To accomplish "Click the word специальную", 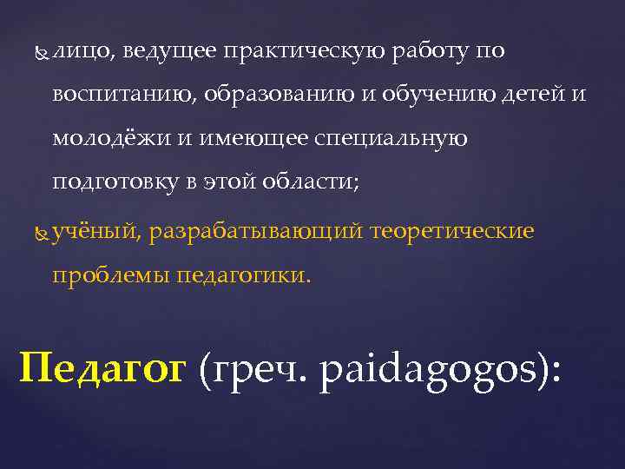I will tap(393, 138).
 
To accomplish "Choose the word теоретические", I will tap(452, 232).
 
